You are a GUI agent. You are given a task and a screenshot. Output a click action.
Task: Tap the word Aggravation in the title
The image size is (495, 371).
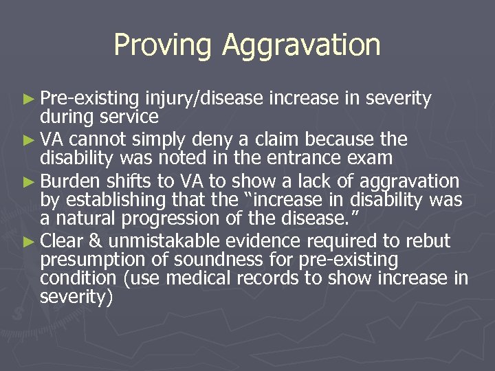[301, 45]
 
